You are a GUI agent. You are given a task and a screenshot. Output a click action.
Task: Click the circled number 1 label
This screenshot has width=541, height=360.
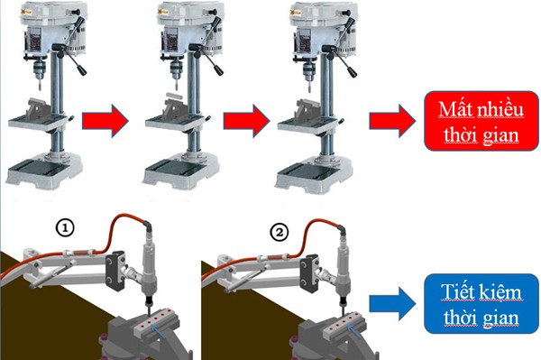point(65,227)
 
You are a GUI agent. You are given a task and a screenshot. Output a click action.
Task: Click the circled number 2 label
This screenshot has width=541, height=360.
point(279,233)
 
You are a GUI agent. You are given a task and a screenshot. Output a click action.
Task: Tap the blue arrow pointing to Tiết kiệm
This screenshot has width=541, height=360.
point(392,304)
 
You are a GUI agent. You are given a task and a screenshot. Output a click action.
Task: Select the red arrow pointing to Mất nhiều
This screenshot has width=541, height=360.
point(392,121)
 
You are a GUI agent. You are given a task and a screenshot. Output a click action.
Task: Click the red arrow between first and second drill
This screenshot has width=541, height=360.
point(105,121)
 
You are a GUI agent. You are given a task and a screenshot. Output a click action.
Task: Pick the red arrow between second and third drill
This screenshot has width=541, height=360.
point(246,121)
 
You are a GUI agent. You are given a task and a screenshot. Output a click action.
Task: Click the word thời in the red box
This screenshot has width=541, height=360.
point(460,134)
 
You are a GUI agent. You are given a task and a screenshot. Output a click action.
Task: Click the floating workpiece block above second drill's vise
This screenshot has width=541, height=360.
point(173,94)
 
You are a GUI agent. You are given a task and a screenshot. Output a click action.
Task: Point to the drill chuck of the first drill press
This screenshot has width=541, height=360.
point(39,69)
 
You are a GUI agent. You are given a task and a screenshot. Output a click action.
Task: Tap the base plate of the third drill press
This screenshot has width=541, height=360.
point(313,175)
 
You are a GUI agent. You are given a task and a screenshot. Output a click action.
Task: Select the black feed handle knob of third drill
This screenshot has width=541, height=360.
point(353,72)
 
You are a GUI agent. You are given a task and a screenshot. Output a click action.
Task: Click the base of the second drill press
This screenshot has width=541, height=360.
point(181,173)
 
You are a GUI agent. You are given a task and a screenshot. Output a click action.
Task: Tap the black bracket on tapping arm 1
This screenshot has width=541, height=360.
point(116,271)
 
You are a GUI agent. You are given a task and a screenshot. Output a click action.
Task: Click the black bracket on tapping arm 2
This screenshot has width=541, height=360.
point(310,273)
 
